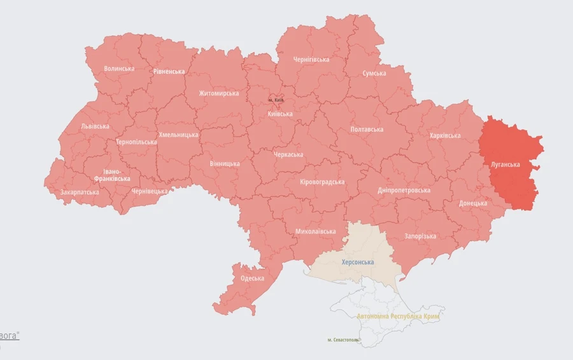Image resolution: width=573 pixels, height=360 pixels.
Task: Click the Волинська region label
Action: point(119,68)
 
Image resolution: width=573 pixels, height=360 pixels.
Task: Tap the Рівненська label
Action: point(169,71)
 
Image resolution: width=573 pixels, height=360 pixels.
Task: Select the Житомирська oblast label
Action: point(218,94)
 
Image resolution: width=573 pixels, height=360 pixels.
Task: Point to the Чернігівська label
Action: point(311,59)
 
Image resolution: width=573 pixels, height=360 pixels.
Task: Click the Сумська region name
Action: point(374,73)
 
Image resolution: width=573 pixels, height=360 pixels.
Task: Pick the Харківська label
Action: point(445,136)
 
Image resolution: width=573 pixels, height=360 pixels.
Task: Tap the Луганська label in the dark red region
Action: point(505,164)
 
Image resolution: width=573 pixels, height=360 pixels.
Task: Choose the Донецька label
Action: point(473,203)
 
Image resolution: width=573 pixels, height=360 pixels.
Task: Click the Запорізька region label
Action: point(420,236)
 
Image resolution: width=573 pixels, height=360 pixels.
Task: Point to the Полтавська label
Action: point(367,129)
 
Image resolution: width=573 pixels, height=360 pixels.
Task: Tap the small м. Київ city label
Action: point(276,100)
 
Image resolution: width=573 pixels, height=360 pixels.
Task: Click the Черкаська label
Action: point(288,155)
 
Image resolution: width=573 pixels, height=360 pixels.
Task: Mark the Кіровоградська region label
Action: point(322,182)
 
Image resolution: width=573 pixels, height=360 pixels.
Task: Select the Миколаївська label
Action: point(315,231)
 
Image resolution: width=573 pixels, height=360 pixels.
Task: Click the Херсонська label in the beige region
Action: point(358,263)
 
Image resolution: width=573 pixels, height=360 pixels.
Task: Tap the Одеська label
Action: point(252,278)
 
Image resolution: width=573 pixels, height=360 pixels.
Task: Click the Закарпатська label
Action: point(80,192)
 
